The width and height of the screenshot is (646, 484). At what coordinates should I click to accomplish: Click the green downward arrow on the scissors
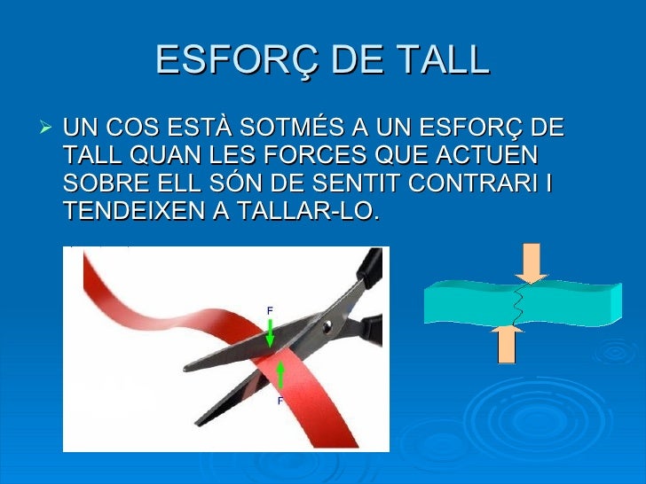271,332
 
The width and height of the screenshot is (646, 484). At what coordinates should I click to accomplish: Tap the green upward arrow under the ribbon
281,376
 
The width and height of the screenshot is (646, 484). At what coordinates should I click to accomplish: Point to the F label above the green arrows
270,309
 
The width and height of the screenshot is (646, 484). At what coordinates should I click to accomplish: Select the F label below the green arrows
280,401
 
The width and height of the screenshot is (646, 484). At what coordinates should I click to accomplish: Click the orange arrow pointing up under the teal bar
507,344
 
